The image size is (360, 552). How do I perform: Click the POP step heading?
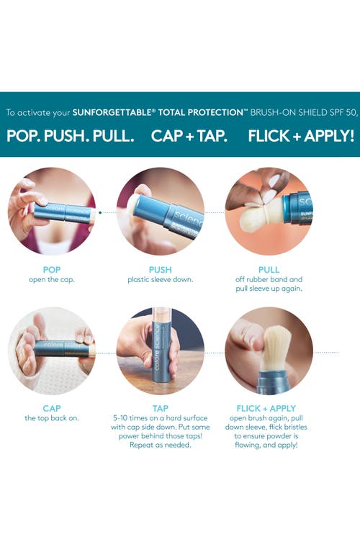[x=52, y=270]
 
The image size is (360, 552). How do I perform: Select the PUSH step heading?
[x=161, y=270]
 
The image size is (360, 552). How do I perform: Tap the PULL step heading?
[x=269, y=270]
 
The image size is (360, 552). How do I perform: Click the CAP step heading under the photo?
[x=52, y=408]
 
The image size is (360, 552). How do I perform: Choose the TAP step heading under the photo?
[x=161, y=408]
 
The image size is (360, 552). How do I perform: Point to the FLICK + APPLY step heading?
[x=266, y=408]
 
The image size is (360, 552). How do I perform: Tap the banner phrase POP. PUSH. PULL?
[x=71, y=136]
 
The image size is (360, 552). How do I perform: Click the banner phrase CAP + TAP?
[x=189, y=136]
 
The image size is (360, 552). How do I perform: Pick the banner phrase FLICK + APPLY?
[x=301, y=136]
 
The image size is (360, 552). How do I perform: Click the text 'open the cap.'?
[x=52, y=280]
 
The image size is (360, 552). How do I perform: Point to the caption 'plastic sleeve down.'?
[x=161, y=280]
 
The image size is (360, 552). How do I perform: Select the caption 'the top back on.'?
[x=52, y=418]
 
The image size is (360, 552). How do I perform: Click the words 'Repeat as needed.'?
[x=161, y=445]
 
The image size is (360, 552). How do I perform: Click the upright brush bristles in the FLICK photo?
[x=276, y=348]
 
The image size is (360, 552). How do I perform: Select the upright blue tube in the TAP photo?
[x=162, y=348]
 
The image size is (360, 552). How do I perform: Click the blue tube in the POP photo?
[x=64, y=212]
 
